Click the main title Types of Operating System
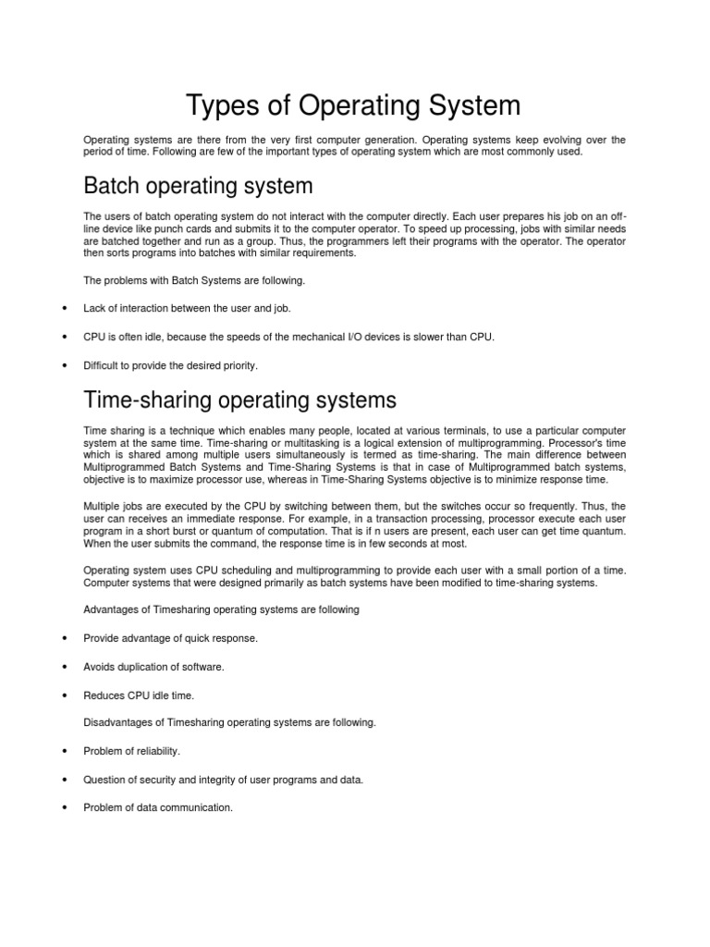354,105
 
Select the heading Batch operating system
198,186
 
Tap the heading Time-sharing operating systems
239,400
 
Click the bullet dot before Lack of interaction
64,308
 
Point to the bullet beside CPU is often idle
64,337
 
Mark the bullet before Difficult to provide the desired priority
64,366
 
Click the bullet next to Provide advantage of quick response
64,638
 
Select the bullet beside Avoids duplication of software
64,667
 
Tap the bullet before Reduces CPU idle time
64,695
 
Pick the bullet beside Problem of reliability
64,751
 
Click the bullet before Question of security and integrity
64,780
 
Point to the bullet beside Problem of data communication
64,807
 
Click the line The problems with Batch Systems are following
194,279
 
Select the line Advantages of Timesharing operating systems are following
221,609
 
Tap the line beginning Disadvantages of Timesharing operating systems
229,722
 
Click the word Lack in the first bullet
94,308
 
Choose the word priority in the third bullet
239,366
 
